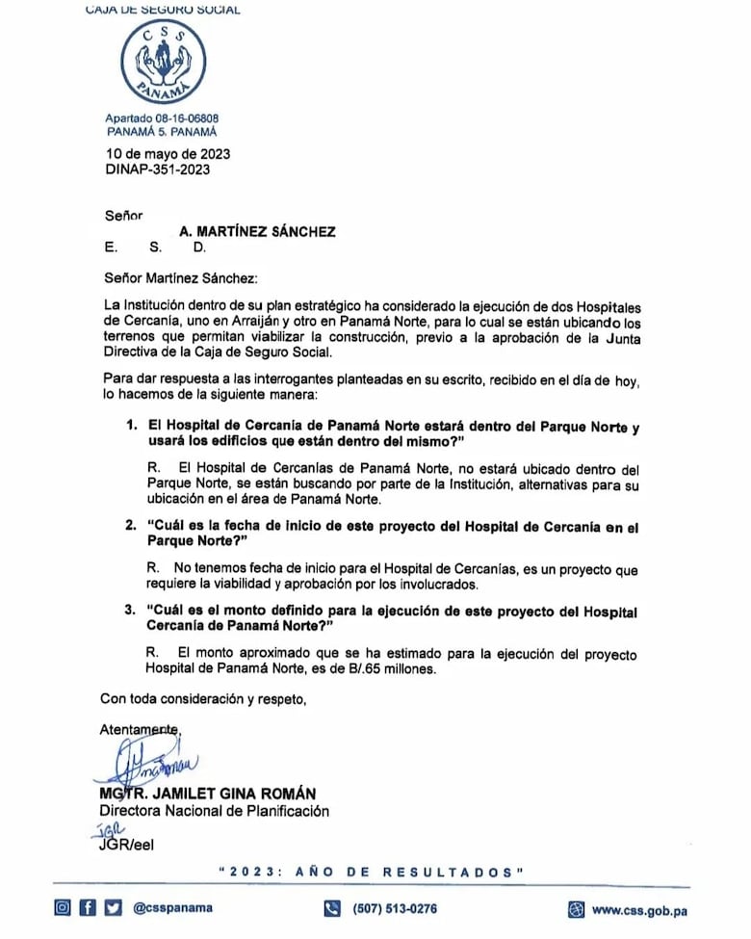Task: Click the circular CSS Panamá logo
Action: pyautogui.click(x=164, y=64)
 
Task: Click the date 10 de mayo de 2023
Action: pyautogui.click(x=168, y=154)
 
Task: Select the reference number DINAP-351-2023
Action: pyautogui.click(x=157, y=170)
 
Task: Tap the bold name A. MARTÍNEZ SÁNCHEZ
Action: pyautogui.click(x=257, y=231)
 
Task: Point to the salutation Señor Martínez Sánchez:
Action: pyautogui.click(x=182, y=278)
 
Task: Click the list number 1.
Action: pyautogui.click(x=131, y=425)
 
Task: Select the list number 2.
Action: pyautogui.click(x=131, y=527)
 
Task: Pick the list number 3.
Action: pyautogui.click(x=131, y=611)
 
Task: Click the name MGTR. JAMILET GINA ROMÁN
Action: pyautogui.click(x=207, y=794)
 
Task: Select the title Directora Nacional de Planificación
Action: pyautogui.click(x=215, y=811)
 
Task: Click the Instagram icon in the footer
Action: pyautogui.click(x=63, y=907)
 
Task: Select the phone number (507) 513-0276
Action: pyautogui.click(x=395, y=908)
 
